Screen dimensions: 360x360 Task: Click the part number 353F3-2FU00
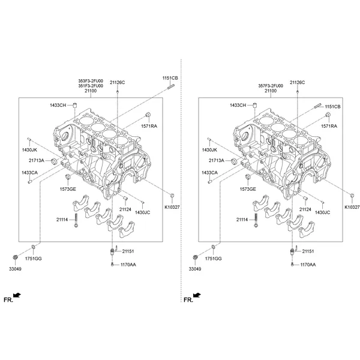[x=91, y=81]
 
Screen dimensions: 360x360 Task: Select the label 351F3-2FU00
[x=91, y=86]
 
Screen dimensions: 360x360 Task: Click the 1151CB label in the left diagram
[x=171, y=79]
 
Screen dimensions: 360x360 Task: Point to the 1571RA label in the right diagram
[x=329, y=127]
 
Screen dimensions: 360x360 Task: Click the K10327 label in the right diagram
[x=352, y=206]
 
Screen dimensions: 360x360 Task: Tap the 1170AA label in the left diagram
[x=128, y=265]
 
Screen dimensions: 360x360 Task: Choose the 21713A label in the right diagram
[x=217, y=161]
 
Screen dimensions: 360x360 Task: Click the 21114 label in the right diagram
[x=243, y=220]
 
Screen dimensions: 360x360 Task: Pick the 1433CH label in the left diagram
[x=59, y=106]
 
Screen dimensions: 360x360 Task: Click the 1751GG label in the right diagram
[x=214, y=258]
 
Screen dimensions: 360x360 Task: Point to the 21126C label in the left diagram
[x=117, y=82]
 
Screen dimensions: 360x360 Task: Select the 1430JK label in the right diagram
[x=209, y=149]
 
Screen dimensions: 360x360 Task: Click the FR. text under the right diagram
[x=187, y=298]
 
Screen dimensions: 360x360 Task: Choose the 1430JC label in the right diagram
[x=323, y=212]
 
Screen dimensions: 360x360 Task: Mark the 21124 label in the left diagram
[x=125, y=209]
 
